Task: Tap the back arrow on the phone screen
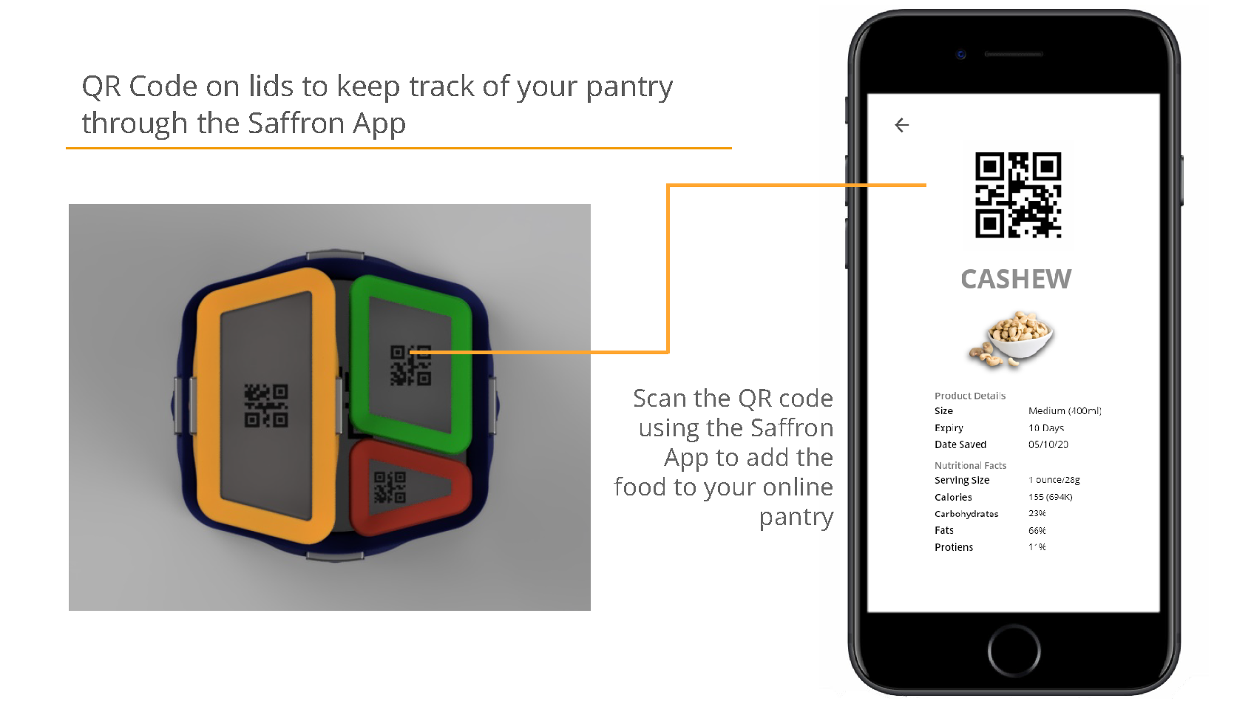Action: [x=901, y=126]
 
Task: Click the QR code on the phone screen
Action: [x=1017, y=195]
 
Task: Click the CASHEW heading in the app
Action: [x=1016, y=280]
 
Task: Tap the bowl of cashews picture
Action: [x=1012, y=339]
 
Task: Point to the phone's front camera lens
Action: [x=960, y=55]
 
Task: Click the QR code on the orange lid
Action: [x=266, y=405]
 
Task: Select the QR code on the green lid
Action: [x=410, y=365]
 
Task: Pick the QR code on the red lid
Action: [x=390, y=487]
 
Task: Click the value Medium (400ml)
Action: [x=1064, y=411]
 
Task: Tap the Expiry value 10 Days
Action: [x=1045, y=428]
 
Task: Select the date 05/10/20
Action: [x=1048, y=444]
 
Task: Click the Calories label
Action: [x=953, y=498]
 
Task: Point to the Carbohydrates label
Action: [x=966, y=514]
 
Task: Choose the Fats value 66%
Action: [x=1037, y=531]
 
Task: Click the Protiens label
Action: [x=953, y=547]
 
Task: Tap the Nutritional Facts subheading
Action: [x=970, y=466]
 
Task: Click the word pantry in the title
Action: [x=629, y=87]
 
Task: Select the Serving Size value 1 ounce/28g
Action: [x=1054, y=480]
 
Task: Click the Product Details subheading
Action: [x=969, y=396]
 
